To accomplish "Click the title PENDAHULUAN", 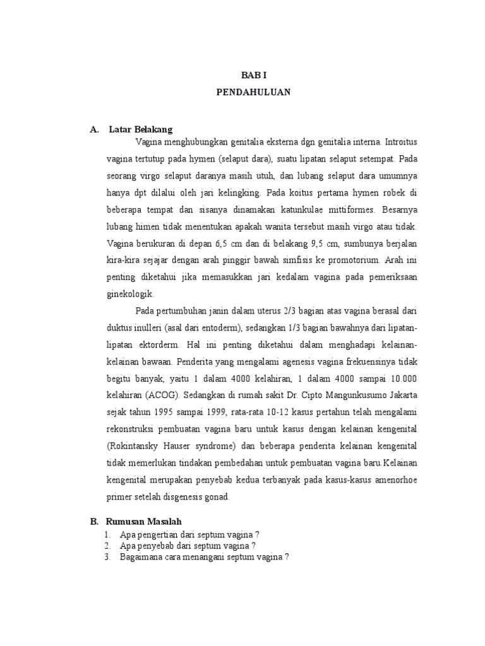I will coord(253,91).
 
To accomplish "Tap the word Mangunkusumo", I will coord(354,396).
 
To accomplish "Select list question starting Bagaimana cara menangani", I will coord(204,557).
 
